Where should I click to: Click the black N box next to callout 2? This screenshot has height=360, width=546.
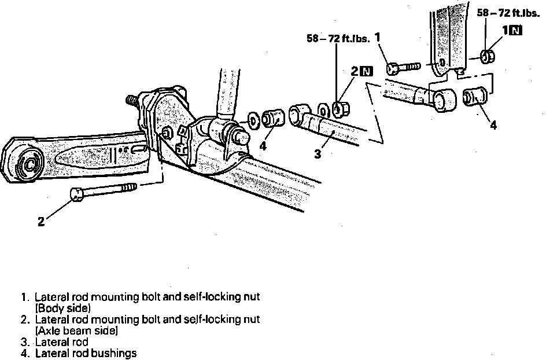coord(366,72)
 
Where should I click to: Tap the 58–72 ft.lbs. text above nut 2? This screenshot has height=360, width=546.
coord(337,39)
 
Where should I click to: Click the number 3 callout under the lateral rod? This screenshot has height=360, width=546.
coord(318,155)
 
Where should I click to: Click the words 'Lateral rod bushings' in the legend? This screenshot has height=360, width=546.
coord(86,352)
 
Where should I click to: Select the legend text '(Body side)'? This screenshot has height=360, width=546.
coord(63,308)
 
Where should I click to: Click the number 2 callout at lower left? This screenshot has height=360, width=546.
coord(41,221)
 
